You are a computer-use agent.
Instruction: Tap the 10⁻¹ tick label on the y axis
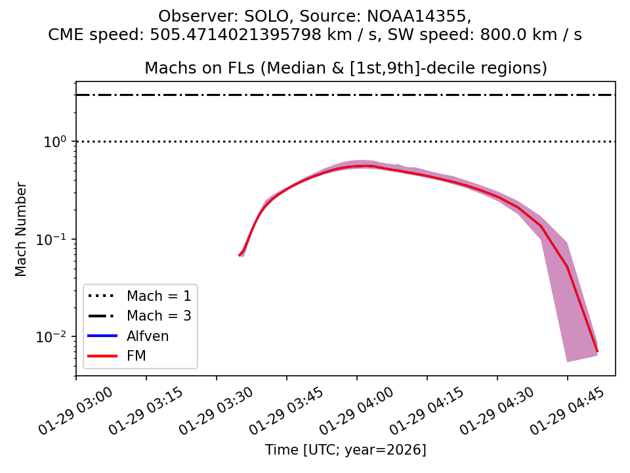[58, 239]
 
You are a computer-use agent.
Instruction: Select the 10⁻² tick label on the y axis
[58, 336]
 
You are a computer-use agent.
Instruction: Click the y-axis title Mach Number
[22, 229]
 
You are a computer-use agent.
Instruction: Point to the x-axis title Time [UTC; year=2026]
[346, 450]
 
